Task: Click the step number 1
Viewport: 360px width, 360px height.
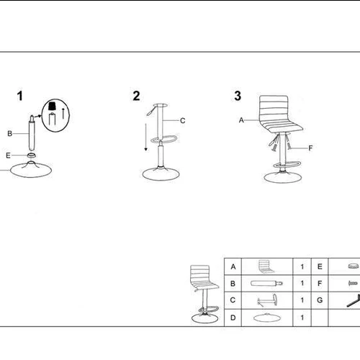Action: point(20,96)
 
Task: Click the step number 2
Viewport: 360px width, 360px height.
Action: point(136,96)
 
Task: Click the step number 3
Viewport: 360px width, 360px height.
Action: point(238,96)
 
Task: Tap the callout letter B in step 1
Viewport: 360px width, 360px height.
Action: point(9,133)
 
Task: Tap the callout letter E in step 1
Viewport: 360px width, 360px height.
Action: point(8,156)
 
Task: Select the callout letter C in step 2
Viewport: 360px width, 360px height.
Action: point(183,120)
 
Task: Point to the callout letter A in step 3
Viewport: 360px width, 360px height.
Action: point(241,120)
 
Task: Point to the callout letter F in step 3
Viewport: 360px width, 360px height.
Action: point(310,148)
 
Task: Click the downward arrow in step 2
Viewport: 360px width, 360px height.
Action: point(145,138)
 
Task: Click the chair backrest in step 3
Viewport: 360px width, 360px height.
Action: point(274,108)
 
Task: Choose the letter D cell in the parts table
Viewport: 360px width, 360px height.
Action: point(233,318)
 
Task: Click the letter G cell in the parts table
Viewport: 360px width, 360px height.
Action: point(320,300)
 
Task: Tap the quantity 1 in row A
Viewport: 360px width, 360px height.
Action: point(302,266)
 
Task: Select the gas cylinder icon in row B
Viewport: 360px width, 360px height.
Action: point(266,284)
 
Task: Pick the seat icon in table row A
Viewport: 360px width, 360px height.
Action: point(266,266)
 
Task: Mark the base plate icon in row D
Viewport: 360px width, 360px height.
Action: point(267,318)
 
